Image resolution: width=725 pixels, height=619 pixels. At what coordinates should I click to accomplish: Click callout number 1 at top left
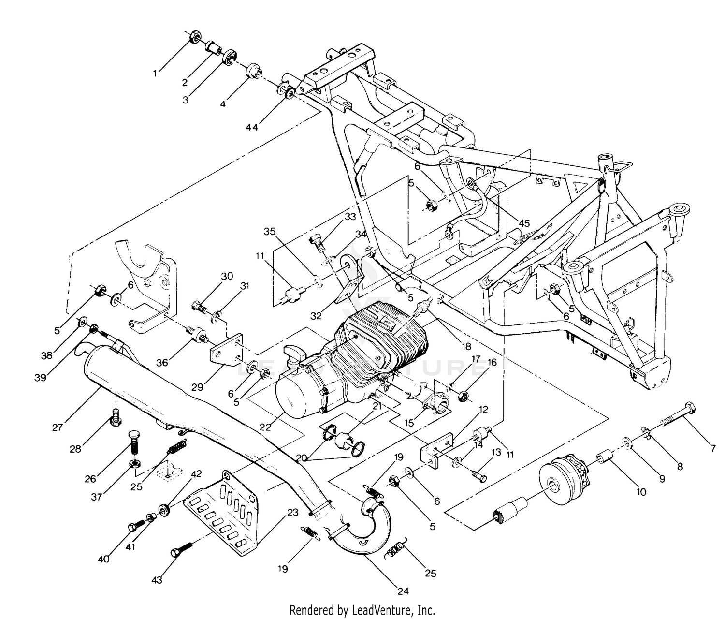[155, 74]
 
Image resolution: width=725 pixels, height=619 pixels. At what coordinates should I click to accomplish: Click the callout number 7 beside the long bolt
[712, 449]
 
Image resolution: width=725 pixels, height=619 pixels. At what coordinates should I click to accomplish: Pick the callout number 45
[524, 223]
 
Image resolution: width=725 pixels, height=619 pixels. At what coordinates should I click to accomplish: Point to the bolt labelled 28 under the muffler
[116, 417]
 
